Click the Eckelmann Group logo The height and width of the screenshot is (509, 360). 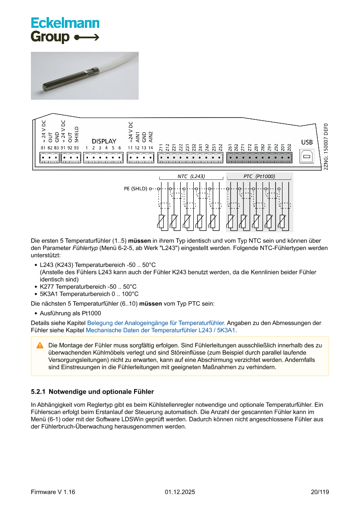65,30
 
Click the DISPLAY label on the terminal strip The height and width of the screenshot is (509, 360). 104,141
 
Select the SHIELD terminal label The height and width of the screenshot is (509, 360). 77,134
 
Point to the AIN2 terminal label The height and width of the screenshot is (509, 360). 151,136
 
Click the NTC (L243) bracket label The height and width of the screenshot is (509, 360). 191,176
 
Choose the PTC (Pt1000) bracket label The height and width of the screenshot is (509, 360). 259,176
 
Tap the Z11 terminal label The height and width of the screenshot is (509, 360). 161,148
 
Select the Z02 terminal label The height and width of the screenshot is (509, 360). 289,148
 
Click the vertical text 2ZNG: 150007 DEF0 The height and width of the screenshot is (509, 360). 326,147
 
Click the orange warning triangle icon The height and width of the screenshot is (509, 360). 40,345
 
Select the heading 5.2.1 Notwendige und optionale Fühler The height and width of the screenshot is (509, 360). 92,392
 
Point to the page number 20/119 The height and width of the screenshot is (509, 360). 320,492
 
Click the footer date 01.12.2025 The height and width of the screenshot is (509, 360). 180,492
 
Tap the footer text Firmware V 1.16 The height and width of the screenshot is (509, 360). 53,492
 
